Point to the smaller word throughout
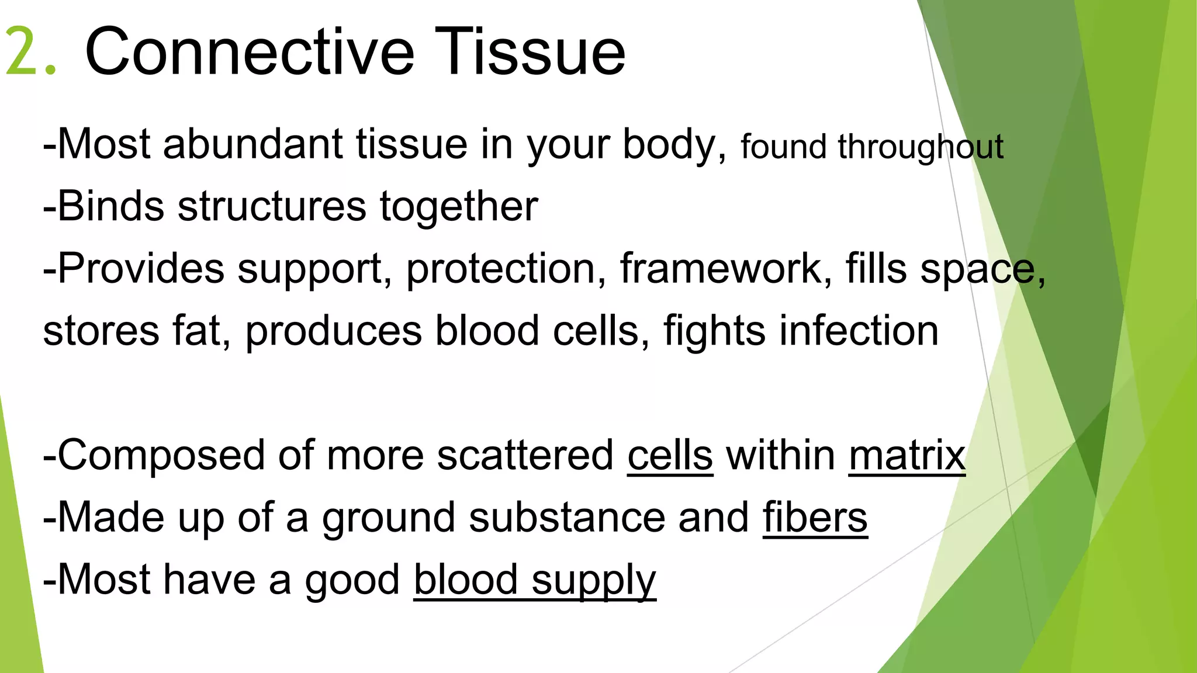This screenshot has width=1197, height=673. coord(920,147)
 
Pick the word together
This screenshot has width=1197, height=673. coord(458,207)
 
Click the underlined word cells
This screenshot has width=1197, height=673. coord(670,456)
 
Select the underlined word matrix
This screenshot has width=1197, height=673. coord(907,456)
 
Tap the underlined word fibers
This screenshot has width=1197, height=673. coord(815,518)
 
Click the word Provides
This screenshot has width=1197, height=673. coord(140,268)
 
